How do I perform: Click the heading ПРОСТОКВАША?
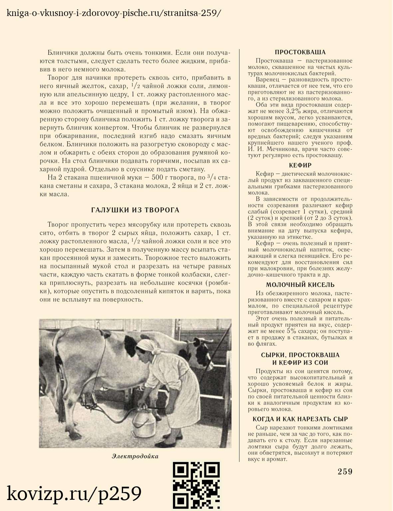(x=300, y=52)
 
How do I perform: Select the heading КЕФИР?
(x=300, y=165)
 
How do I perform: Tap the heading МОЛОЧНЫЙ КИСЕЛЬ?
(x=300, y=285)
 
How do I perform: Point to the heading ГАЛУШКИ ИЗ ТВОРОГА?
(x=135, y=210)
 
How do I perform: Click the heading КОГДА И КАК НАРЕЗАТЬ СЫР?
(x=300, y=419)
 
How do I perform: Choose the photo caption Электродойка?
(x=135, y=456)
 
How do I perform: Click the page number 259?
(x=345, y=472)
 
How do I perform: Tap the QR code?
(x=196, y=485)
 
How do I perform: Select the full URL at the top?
(x=113, y=13)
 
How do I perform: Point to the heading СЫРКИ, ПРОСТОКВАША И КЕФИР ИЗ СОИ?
(x=300, y=359)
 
